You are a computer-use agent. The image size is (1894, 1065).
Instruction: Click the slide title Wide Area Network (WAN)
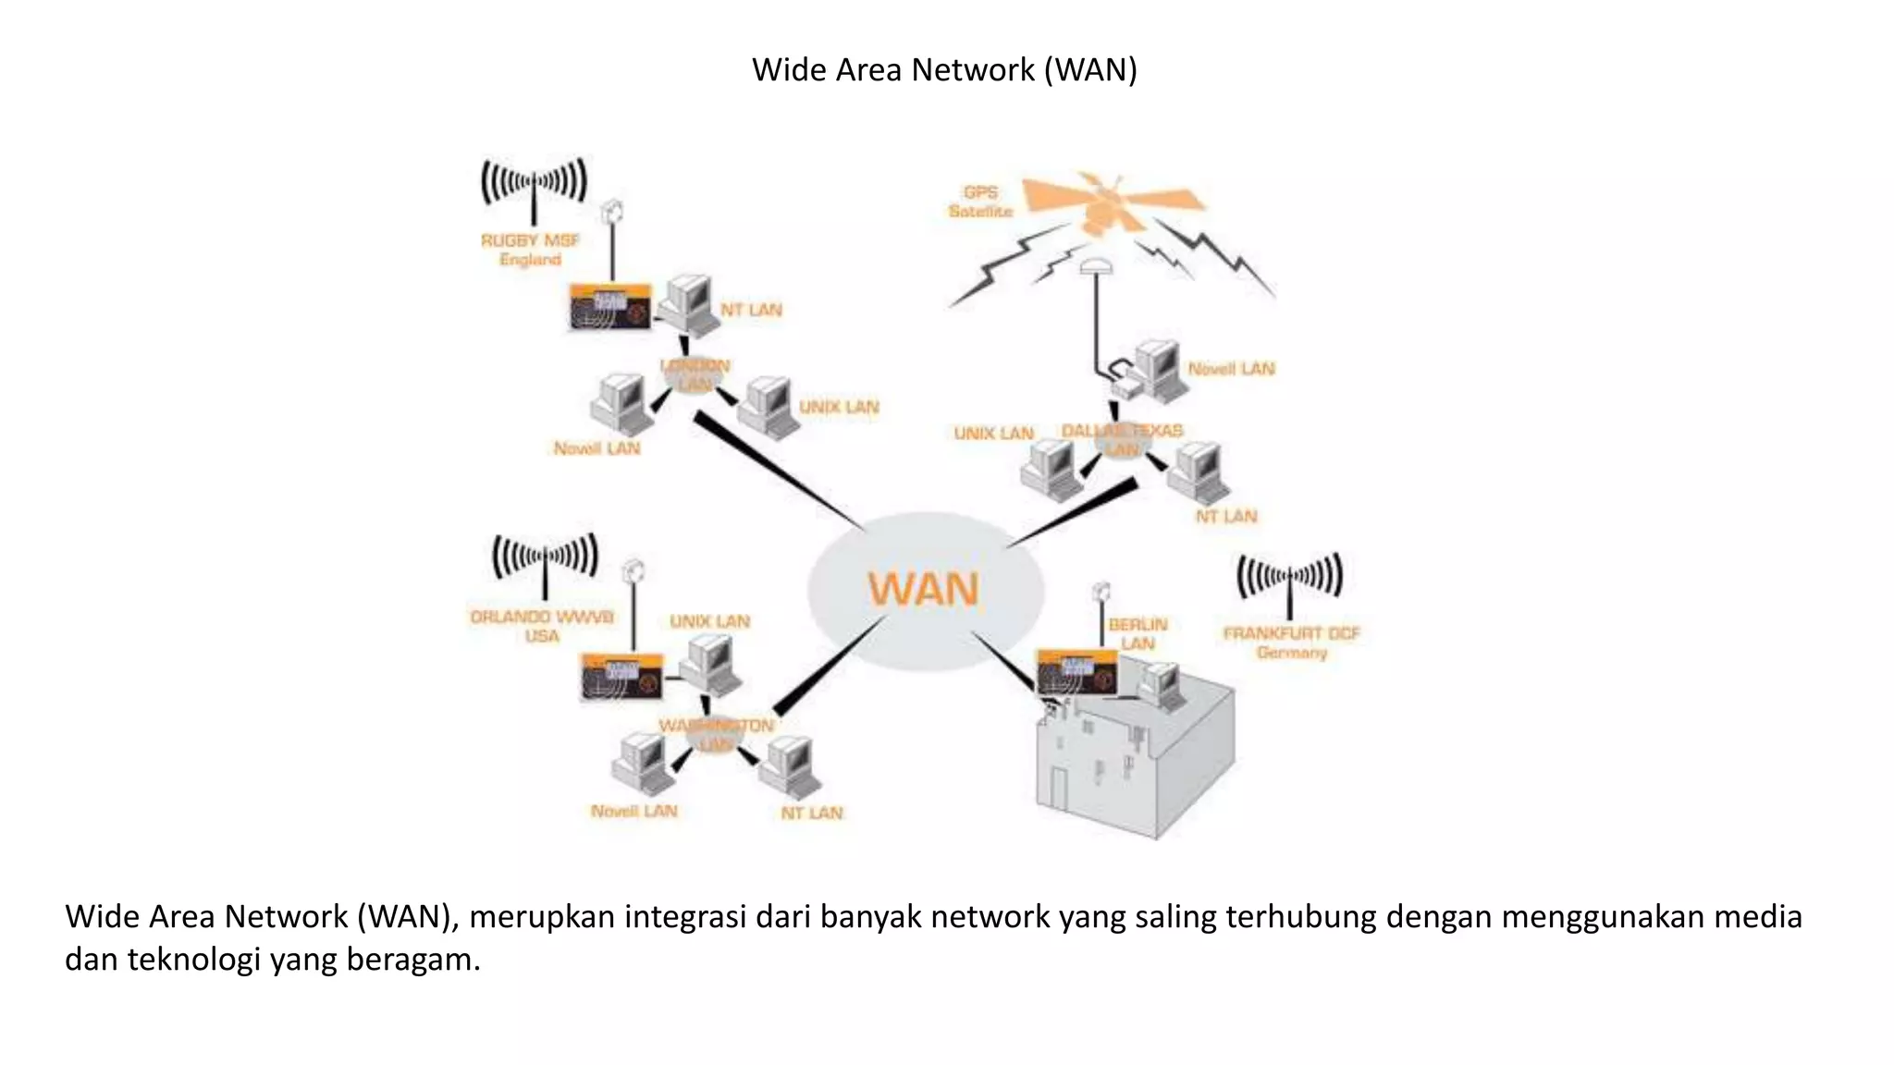944,70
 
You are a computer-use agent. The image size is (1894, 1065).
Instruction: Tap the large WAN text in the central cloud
922,589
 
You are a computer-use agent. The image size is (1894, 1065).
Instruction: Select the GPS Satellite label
980,202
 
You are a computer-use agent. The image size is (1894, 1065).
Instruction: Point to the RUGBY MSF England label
530,250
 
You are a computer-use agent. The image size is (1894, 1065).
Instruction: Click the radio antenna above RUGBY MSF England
534,185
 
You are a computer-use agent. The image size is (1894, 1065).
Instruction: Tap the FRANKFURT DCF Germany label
1291,643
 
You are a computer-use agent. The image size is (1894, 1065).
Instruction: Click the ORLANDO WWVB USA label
542,626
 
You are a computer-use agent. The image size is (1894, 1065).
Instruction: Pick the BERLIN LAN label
1138,633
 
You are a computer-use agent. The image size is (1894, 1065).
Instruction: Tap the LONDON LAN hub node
695,375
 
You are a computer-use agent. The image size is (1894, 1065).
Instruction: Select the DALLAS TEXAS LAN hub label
1122,439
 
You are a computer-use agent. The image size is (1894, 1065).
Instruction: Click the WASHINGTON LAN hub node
716,734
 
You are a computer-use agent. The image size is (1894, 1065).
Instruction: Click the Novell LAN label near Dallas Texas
1231,369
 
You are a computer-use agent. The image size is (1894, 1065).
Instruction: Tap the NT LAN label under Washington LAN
811,813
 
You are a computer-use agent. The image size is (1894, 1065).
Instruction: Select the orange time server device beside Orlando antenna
621,677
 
